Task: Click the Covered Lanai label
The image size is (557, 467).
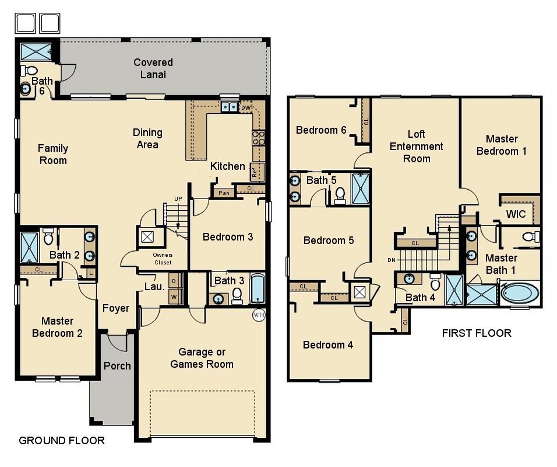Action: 153,68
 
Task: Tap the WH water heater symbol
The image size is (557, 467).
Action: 258,315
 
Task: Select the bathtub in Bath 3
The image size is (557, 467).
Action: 257,289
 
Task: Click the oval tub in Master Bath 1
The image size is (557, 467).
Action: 520,292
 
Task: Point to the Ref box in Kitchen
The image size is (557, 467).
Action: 255,172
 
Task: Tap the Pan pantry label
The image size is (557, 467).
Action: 223,193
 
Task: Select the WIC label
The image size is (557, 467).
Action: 516,214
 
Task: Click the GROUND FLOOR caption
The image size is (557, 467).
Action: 62,440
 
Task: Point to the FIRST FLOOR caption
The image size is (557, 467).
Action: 477,333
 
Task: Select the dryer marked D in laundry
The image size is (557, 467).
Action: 174,281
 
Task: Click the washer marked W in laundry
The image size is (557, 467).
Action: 174,297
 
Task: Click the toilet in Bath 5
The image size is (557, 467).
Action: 340,195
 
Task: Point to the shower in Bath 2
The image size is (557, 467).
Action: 29,246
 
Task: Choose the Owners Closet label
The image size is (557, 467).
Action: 163,259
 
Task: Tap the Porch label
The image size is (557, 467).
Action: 117,366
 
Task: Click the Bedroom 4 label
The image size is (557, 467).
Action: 328,345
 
